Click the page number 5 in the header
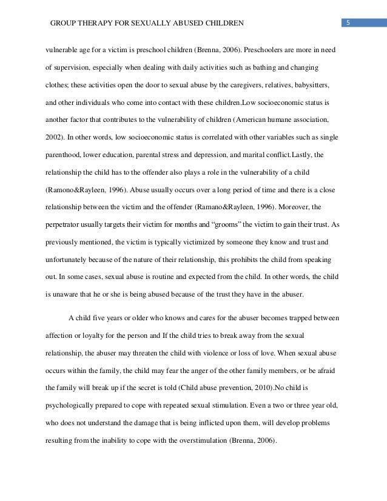point(349,24)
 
